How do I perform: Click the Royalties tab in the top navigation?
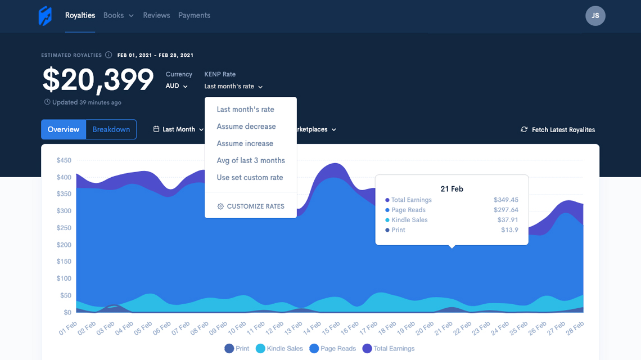coord(80,16)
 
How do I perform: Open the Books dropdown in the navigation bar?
coord(118,16)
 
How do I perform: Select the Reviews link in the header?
coord(156,16)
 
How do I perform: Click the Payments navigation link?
coord(194,16)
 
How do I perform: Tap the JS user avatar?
coord(595,16)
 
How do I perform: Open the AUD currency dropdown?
coord(177,86)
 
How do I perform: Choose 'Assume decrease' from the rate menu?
coord(246,127)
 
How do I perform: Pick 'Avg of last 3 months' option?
coord(251,160)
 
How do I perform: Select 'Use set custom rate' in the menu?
coord(250,178)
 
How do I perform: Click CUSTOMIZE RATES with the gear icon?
coord(251,206)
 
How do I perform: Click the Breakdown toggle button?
coord(111,129)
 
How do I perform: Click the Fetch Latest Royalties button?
coord(558,130)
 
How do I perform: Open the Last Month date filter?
coord(178,129)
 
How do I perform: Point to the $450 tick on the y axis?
coord(64,160)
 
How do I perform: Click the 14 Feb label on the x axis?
coord(312,328)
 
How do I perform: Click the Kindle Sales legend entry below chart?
coord(279,349)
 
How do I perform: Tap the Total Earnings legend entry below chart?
coord(389,349)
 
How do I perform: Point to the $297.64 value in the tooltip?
coord(505,210)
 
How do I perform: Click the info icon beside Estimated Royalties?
coord(109,55)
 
